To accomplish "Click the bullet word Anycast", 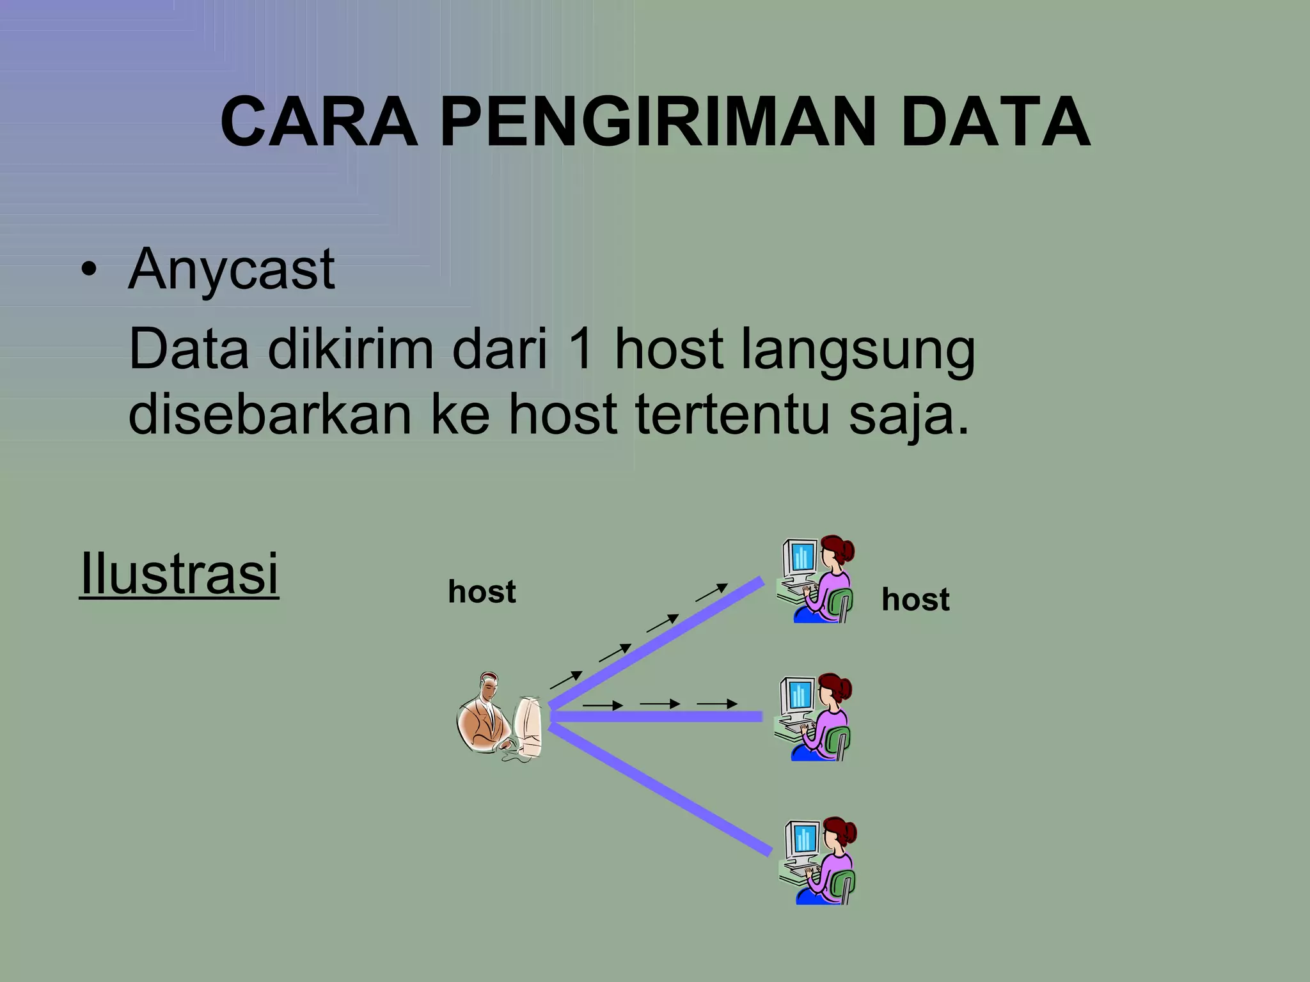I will (x=231, y=270).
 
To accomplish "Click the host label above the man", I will (x=482, y=592).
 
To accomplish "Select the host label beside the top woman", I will (x=915, y=600).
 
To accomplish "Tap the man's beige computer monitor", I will (x=528, y=726).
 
